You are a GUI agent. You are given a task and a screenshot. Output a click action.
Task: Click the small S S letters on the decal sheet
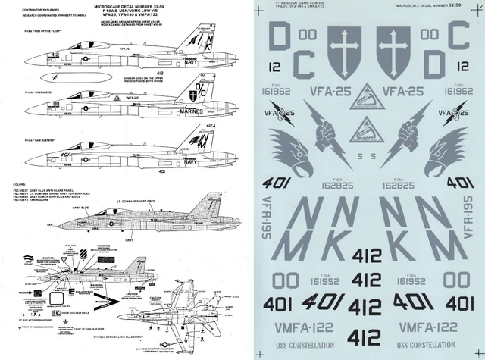369,158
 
